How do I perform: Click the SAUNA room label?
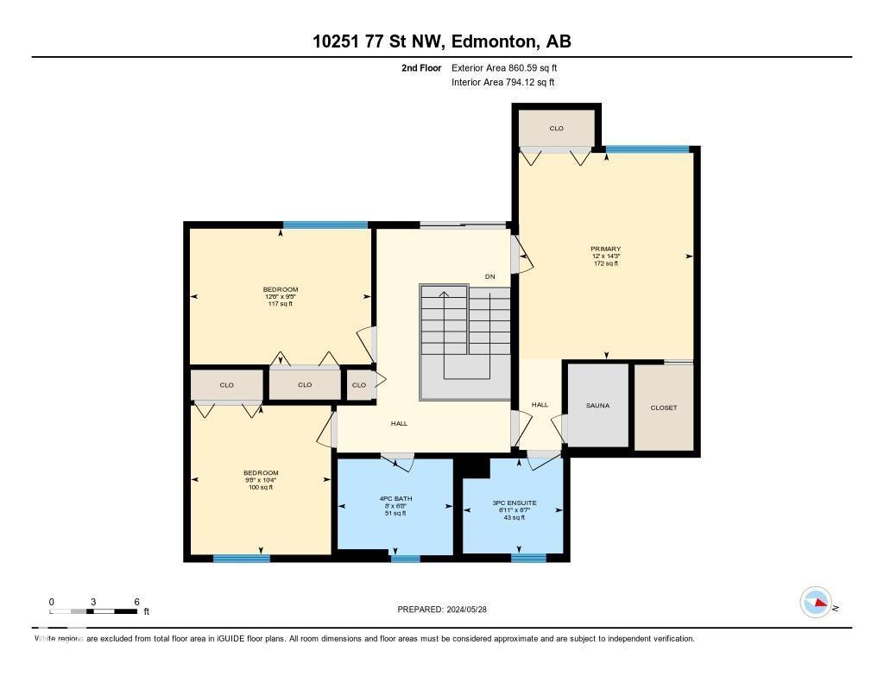click(597, 405)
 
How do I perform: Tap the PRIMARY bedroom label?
click(606, 249)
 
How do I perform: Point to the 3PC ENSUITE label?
click(515, 503)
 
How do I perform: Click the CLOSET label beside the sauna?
click(663, 408)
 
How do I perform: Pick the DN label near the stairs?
click(489, 277)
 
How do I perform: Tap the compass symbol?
click(816, 603)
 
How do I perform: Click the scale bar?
click(93, 611)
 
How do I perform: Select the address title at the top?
click(441, 41)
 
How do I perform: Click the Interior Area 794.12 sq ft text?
click(502, 83)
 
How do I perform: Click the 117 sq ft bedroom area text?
click(280, 304)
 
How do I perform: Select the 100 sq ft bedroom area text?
click(261, 488)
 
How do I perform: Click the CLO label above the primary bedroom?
click(556, 129)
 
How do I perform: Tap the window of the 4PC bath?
click(405, 559)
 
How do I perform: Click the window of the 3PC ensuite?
click(527, 558)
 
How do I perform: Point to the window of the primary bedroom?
click(647, 149)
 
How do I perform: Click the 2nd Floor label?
click(421, 67)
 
